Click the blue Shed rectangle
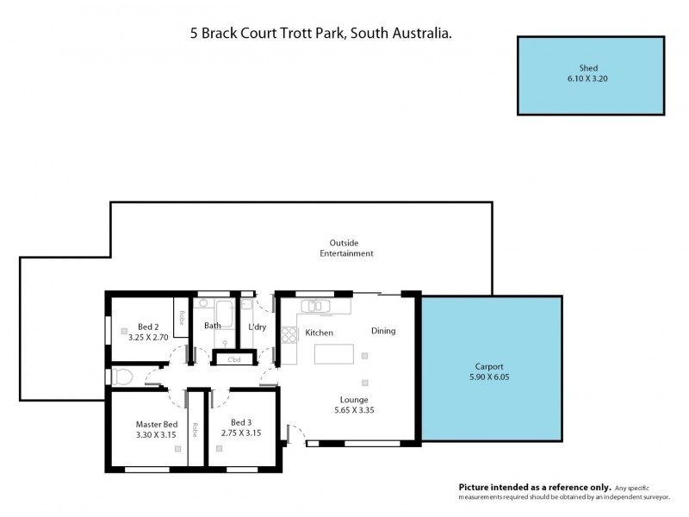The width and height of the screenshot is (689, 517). click(590, 75)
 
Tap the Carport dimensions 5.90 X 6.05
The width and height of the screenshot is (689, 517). click(490, 377)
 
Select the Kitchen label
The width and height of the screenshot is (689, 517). click(319, 333)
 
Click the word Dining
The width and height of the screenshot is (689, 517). click(383, 331)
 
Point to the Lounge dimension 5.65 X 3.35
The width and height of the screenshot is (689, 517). click(353, 411)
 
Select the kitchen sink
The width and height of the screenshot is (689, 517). click(315, 306)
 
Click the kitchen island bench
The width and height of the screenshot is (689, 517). click(333, 354)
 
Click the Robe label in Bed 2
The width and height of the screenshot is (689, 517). click(182, 316)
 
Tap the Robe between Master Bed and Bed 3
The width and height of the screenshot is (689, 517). click(196, 429)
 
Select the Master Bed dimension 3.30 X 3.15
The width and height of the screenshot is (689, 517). click(156, 434)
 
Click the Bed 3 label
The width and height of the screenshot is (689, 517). click(241, 422)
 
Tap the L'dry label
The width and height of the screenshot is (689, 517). click(257, 327)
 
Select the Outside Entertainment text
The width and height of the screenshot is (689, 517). click(346, 248)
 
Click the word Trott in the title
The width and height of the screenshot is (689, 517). click(290, 34)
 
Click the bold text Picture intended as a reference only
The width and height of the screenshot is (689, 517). click(535, 487)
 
